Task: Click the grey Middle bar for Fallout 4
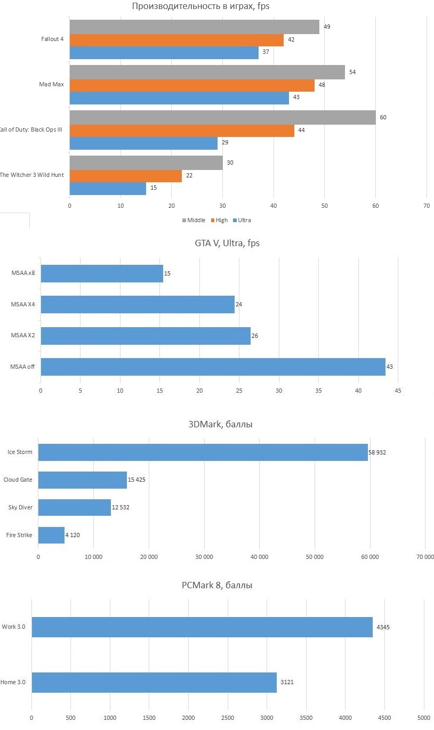tap(194, 27)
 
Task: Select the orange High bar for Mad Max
tap(192, 85)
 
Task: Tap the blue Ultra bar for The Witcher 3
tap(108, 188)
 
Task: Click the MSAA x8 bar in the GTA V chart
tap(102, 273)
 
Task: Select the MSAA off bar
tap(213, 367)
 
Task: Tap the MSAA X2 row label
tap(23, 336)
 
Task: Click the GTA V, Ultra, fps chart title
tap(227, 244)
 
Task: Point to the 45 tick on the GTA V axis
tap(398, 391)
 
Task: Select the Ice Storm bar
tap(203, 452)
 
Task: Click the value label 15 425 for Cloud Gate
tap(136, 480)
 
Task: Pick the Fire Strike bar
tap(51, 535)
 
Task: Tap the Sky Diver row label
tap(20, 507)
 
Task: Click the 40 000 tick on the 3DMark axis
tap(259, 557)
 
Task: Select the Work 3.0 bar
tap(202, 627)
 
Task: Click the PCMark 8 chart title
tap(217, 585)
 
